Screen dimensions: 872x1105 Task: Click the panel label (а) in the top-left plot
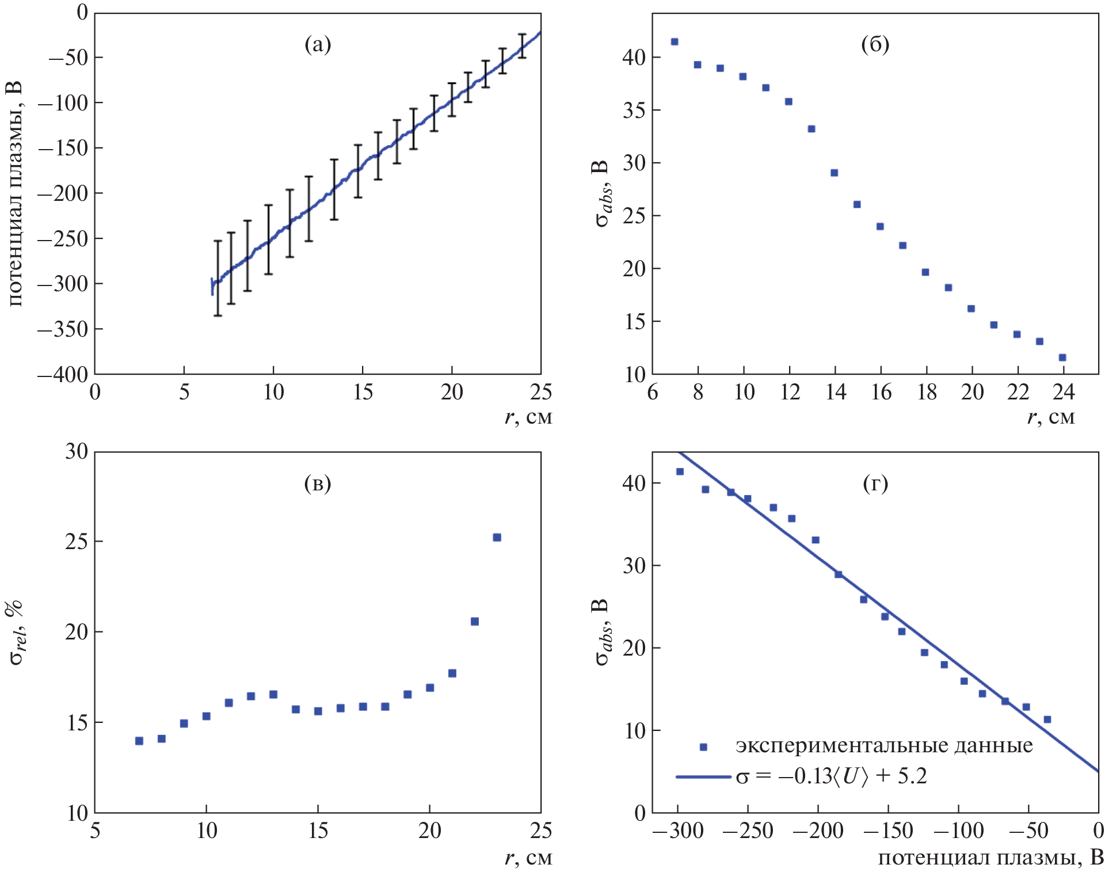pyautogui.click(x=318, y=44)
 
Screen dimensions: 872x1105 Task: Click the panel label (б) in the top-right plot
pyautogui.click(x=875, y=44)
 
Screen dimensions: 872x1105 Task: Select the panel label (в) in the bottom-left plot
pyautogui.click(x=318, y=483)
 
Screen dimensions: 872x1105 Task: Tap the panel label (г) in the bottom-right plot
pyautogui.click(x=875, y=483)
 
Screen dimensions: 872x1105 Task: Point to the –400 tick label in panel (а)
pyautogui.click(x=63, y=375)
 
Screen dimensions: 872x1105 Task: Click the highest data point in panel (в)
pyautogui.click(x=497, y=538)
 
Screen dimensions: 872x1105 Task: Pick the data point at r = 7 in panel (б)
pyautogui.click(x=675, y=42)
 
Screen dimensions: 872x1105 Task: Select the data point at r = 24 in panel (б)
pyautogui.click(x=1062, y=357)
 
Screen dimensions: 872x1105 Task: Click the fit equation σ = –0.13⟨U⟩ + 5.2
pyautogui.click(x=831, y=776)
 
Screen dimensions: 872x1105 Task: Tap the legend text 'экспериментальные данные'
pyautogui.click(x=884, y=746)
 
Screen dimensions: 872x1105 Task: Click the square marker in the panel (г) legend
pyautogui.click(x=703, y=747)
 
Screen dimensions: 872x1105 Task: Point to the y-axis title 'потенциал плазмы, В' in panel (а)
pyautogui.click(x=16, y=193)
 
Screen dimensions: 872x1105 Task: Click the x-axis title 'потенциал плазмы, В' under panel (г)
pyautogui.click(x=990, y=858)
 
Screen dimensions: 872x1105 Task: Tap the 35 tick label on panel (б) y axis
pyautogui.click(x=634, y=111)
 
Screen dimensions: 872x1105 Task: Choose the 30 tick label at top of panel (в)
pyautogui.click(x=77, y=451)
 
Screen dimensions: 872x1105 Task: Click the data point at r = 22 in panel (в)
pyautogui.click(x=475, y=622)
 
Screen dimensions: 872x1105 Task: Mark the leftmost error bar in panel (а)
pyautogui.click(x=218, y=278)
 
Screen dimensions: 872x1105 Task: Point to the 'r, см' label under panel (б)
pyautogui.click(x=1051, y=417)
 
